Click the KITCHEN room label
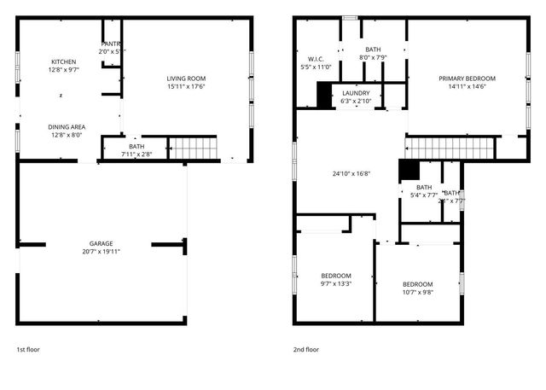[x=64, y=62]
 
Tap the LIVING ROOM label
[x=186, y=79]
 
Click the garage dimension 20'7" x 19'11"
[x=102, y=252]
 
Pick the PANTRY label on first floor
[x=111, y=44]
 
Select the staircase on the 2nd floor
[x=450, y=148]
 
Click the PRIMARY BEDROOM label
[x=467, y=79]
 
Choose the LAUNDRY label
[x=355, y=93]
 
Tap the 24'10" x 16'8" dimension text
[x=351, y=172]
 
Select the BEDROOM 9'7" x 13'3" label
[x=335, y=276]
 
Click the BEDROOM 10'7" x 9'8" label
[x=417, y=284]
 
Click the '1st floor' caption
[x=28, y=349]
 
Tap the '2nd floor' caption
[x=306, y=349]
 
